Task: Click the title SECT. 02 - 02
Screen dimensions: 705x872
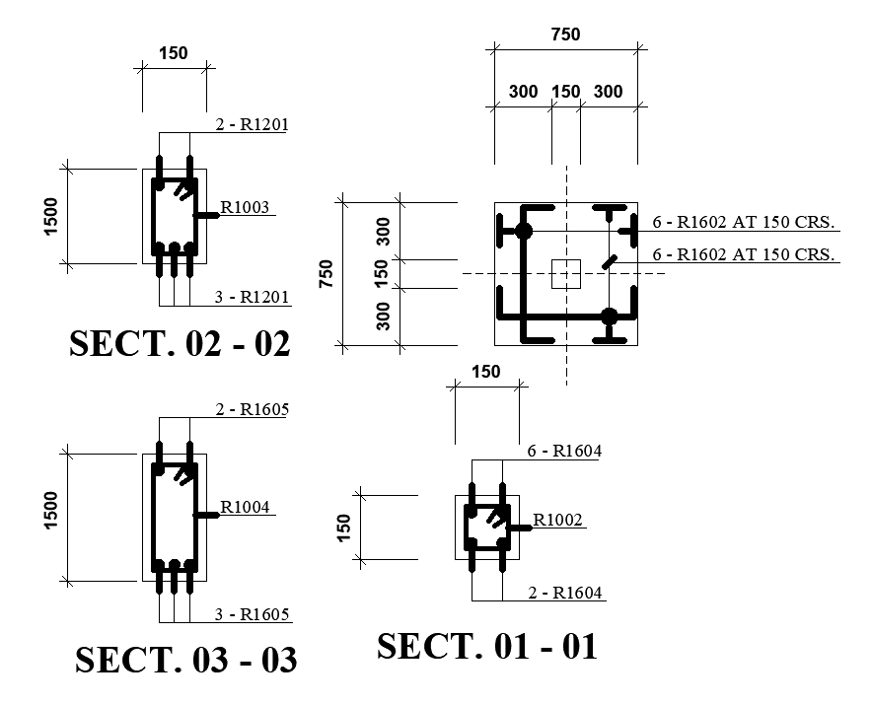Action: (x=181, y=343)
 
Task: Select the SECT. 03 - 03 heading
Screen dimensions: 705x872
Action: (x=185, y=660)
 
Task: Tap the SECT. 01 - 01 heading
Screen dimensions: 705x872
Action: (x=487, y=647)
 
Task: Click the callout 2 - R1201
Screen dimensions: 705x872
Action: (x=251, y=124)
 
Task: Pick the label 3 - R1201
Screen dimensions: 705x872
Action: (x=251, y=297)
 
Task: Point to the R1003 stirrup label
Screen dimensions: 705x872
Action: (x=244, y=207)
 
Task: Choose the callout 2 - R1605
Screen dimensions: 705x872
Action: (x=251, y=409)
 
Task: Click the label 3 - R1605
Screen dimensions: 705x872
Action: (x=252, y=615)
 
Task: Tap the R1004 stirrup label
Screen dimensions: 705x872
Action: (x=244, y=507)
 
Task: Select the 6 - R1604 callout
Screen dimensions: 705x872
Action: (x=564, y=452)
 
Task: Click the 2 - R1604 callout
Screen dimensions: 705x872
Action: (x=565, y=593)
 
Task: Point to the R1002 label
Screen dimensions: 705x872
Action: (x=558, y=520)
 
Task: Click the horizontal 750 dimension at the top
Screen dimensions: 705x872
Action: (x=565, y=35)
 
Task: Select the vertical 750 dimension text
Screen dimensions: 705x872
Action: (x=327, y=273)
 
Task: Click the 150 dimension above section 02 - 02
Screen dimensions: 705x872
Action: (x=174, y=53)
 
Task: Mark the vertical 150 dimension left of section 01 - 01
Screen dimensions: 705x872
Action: (x=344, y=528)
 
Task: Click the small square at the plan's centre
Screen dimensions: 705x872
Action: (x=566, y=273)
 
